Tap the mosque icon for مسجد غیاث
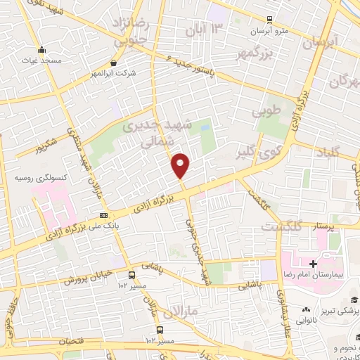[x=43, y=50]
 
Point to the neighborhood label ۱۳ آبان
[x=204, y=29]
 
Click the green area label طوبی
[x=266, y=111]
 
